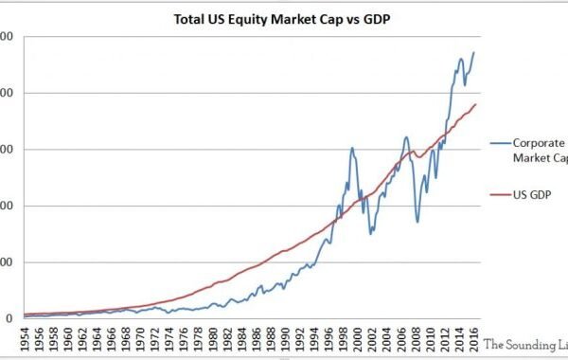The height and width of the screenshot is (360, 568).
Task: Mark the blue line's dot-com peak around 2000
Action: coord(352,148)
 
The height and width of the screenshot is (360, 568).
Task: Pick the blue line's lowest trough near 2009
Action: coord(417,222)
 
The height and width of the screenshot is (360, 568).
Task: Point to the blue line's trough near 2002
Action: coord(371,233)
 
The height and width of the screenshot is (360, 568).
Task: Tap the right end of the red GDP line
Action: coord(475,104)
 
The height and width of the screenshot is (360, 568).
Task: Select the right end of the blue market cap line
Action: coord(473,53)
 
